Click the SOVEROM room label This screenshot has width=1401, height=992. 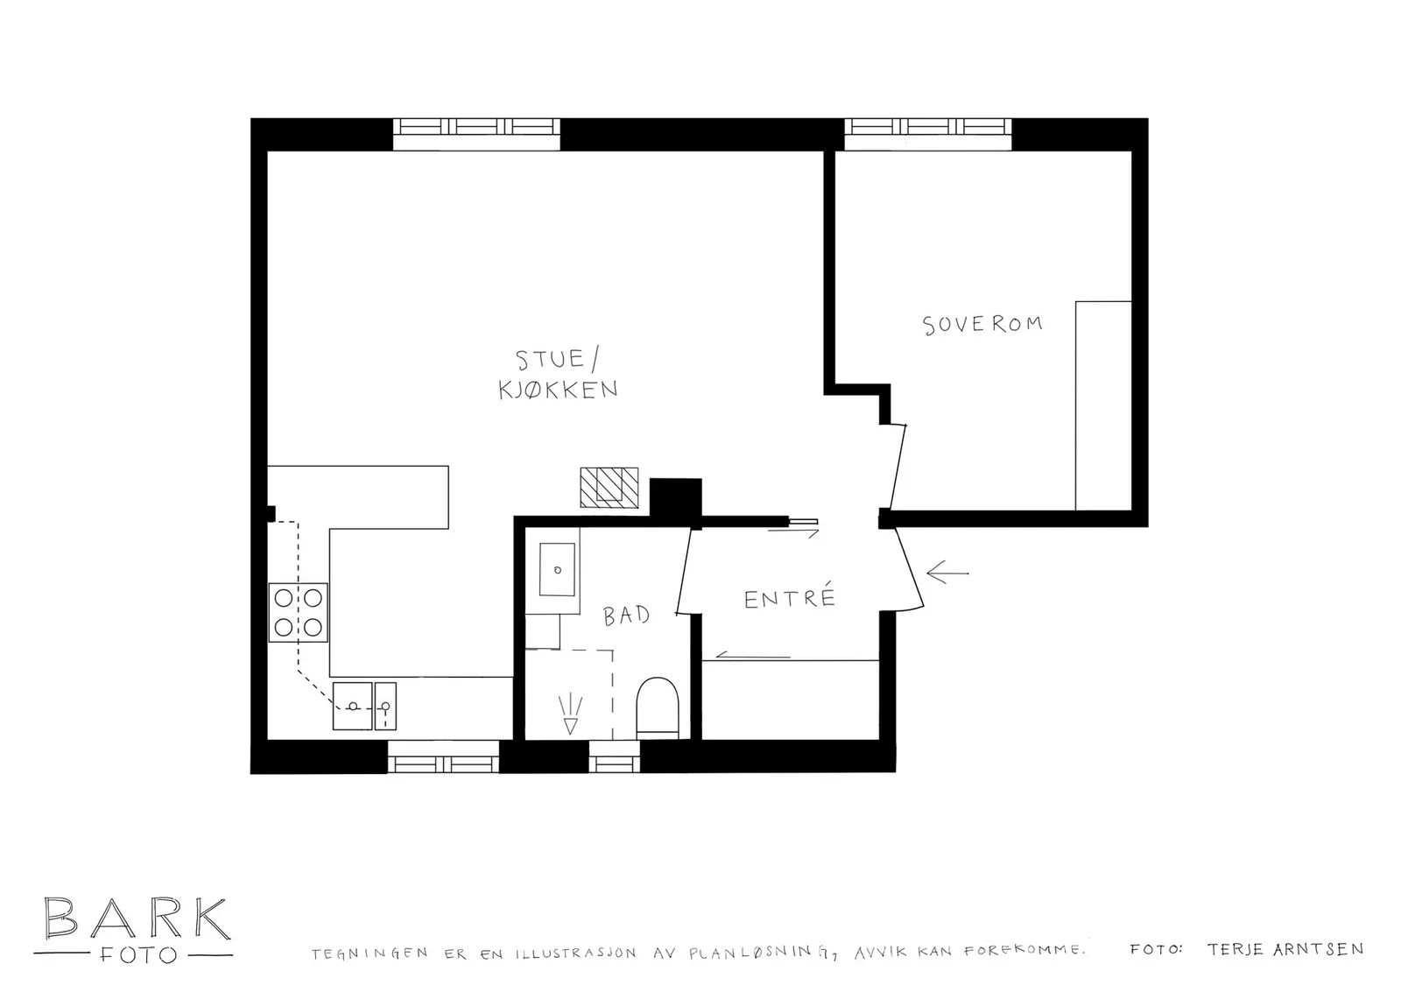pos(982,324)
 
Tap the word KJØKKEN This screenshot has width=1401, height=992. pos(558,390)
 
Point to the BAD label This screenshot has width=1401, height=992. pos(627,616)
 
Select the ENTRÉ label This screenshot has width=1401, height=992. pos(790,597)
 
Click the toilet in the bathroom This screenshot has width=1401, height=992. pos(658,707)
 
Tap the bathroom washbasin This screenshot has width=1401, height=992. pos(557,570)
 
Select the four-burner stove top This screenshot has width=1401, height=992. pos(299,612)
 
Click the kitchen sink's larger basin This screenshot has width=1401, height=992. pos(353,706)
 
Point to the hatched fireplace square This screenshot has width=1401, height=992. pos(609,487)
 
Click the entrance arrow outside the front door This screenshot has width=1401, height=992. pos(947,573)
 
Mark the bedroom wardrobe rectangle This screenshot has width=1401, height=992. pos(1103,406)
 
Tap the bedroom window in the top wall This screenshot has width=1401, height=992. pos(928,134)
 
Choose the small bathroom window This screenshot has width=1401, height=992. pos(614,756)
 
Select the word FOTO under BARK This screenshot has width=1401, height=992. pos(138,955)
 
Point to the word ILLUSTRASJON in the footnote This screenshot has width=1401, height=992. pos(576,953)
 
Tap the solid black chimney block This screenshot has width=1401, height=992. pos(675,498)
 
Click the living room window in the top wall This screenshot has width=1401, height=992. pos(476,134)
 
